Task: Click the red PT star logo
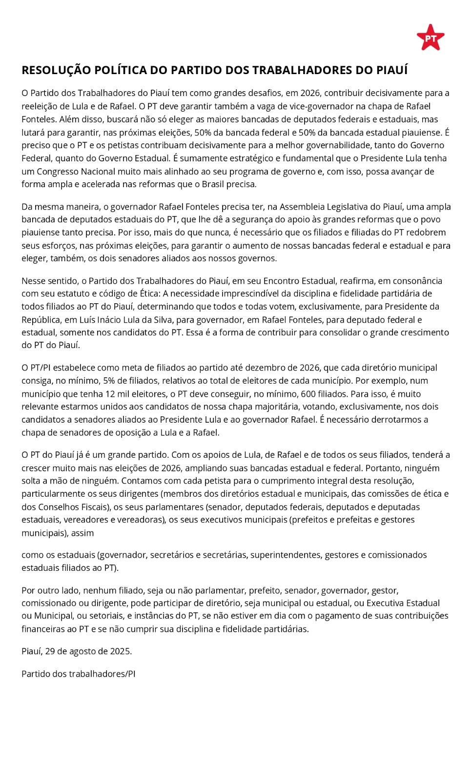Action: pos(430,38)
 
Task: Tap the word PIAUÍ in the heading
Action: pos(391,70)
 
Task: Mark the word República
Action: pos(41,320)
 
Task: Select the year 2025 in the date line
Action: pos(121,651)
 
